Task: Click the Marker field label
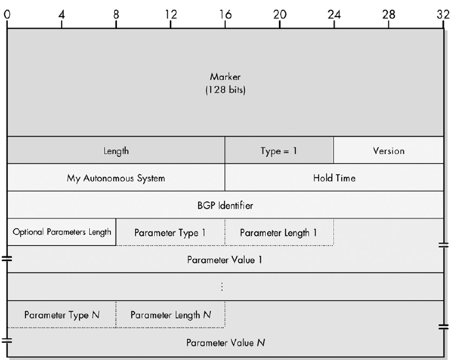225,77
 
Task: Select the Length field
116,151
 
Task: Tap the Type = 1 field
279,151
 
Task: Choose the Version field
388,151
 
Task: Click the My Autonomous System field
116,178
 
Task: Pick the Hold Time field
334,178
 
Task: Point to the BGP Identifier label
225,205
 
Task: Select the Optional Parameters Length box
62,232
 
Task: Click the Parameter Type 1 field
170,233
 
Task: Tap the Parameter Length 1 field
279,233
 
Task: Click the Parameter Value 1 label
225,260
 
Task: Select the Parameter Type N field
62,315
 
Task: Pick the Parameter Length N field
171,315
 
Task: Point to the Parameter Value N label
225,342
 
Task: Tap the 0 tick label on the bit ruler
7,13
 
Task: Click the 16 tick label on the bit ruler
225,13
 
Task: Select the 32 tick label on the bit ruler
443,13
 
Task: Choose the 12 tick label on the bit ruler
171,13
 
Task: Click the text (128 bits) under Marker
225,90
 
